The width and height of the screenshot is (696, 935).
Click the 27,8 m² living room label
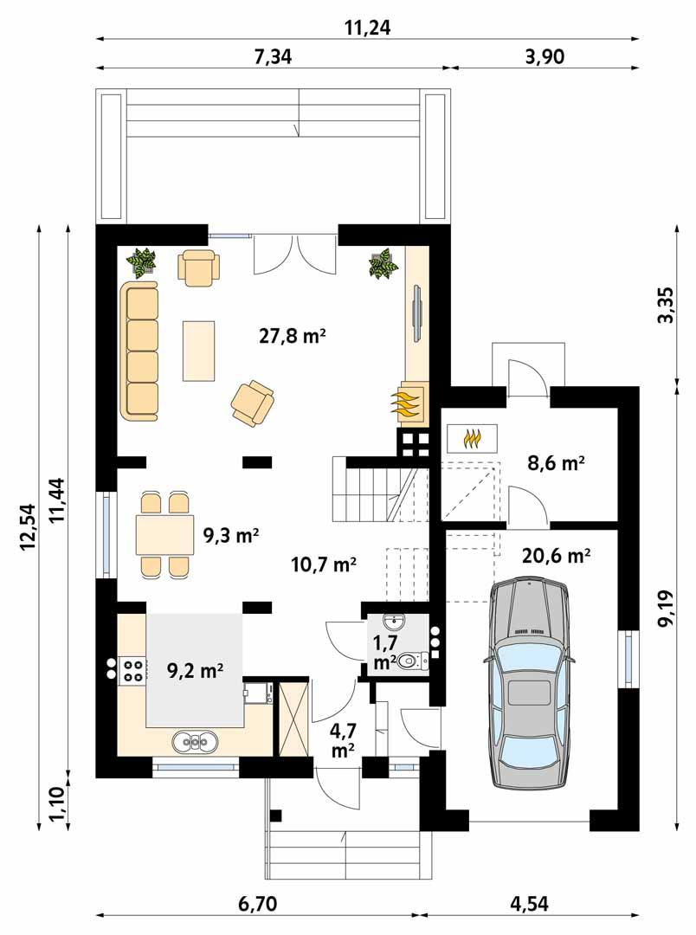point(292,336)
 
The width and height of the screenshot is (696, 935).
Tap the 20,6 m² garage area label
point(556,557)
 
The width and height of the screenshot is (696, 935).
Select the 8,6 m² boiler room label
point(556,463)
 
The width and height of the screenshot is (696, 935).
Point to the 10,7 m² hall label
point(323,565)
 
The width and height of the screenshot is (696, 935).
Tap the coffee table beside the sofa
point(198,350)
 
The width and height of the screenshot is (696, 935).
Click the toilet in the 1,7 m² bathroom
point(414,661)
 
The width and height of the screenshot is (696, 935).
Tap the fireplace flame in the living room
point(407,403)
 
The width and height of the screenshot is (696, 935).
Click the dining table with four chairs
point(164,535)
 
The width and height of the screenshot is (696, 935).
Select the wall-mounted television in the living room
point(417,313)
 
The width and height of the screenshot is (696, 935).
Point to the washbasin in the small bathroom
point(395,622)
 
